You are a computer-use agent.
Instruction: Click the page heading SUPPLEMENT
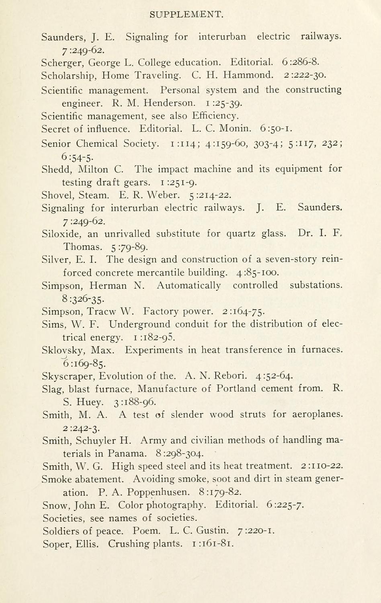(x=186, y=15)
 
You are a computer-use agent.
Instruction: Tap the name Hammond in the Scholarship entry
(x=248, y=75)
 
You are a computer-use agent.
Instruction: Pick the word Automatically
(x=188, y=285)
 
